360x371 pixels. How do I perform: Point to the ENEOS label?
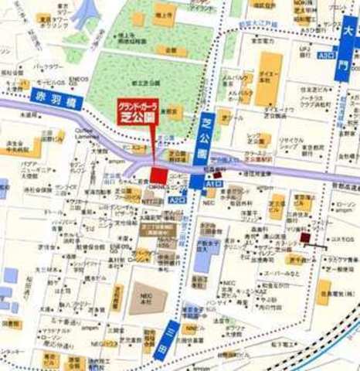point(78,79)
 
